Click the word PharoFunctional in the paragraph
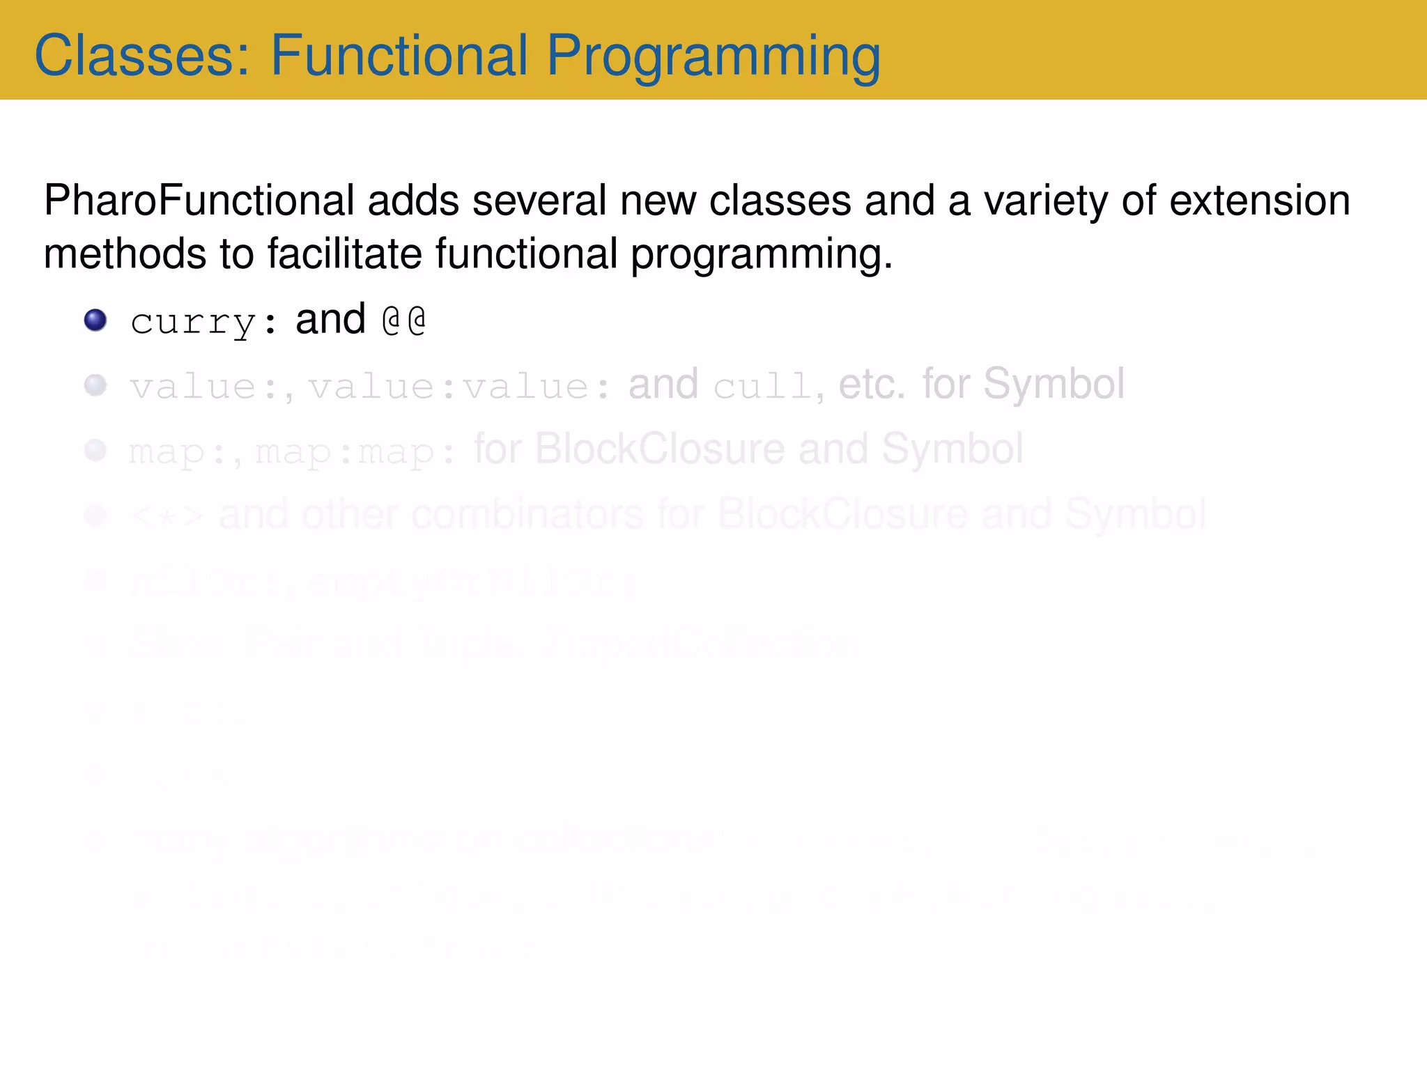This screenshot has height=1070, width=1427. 199,201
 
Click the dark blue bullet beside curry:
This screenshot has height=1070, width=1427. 95,320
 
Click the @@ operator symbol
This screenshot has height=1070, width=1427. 404,320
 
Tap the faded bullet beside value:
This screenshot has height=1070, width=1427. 95,385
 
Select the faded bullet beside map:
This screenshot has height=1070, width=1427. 95,450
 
